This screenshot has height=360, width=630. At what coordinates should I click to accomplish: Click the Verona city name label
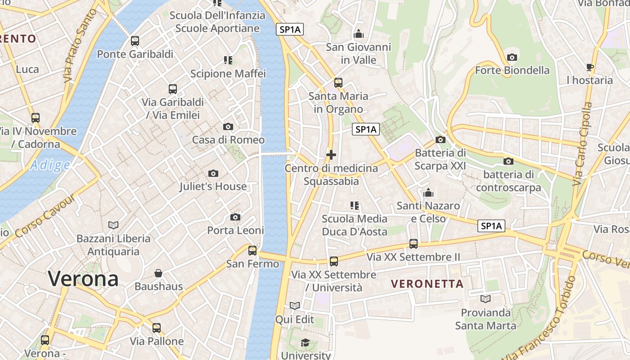(83, 279)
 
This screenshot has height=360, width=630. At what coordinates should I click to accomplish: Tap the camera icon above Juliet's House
(213, 173)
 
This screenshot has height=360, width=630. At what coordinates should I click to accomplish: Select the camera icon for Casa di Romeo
(228, 127)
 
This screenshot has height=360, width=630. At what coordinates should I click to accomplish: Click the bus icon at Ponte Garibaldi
(135, 41)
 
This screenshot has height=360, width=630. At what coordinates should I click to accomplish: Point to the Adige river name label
(50, 165)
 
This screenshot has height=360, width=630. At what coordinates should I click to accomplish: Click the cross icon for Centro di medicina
(331, 155)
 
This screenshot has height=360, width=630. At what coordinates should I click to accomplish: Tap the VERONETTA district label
(427, 283)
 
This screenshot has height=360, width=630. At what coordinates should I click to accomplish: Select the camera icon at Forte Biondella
(512, 57)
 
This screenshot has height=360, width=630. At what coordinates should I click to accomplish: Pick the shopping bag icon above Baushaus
(158, 273)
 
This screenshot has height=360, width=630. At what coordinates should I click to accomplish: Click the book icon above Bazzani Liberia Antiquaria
(113, 225)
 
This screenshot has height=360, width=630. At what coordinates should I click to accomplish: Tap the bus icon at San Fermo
(252, 250)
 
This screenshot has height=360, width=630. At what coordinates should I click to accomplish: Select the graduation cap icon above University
(306, 342)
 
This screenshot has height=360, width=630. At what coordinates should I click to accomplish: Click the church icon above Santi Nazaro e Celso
(428, 193)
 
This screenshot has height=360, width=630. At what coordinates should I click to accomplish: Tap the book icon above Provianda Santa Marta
(486, 299)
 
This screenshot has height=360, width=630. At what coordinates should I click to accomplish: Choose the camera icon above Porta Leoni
(235, 217)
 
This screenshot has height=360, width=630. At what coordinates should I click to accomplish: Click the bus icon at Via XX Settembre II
(414, 244)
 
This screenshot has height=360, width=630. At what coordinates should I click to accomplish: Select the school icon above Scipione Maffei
(228, 60)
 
